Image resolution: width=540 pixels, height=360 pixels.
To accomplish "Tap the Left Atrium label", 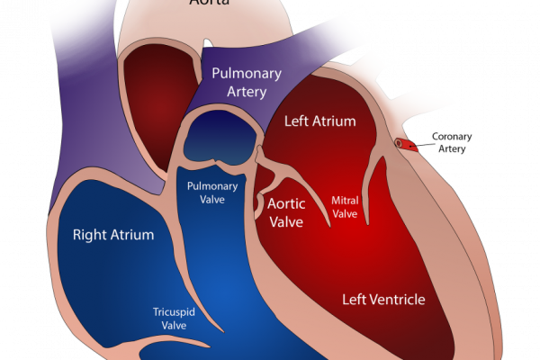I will click(x=319, y=121).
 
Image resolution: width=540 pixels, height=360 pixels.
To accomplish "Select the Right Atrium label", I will click(x=112, y=235).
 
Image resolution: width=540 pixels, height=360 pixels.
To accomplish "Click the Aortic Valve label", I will click(x=287, y=211).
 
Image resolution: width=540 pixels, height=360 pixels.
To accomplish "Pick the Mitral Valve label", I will click(x=346, y=207).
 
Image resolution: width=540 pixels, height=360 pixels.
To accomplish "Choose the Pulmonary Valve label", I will click(x=211, y=193).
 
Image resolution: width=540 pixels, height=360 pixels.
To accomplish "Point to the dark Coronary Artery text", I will click(x=452, y=143).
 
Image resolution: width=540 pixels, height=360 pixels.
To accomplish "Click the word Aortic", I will click(x=287, y=203).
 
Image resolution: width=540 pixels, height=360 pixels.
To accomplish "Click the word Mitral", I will click(x=346, y=201).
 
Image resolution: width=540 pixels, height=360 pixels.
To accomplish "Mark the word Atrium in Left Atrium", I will click(x=335, y=121).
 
